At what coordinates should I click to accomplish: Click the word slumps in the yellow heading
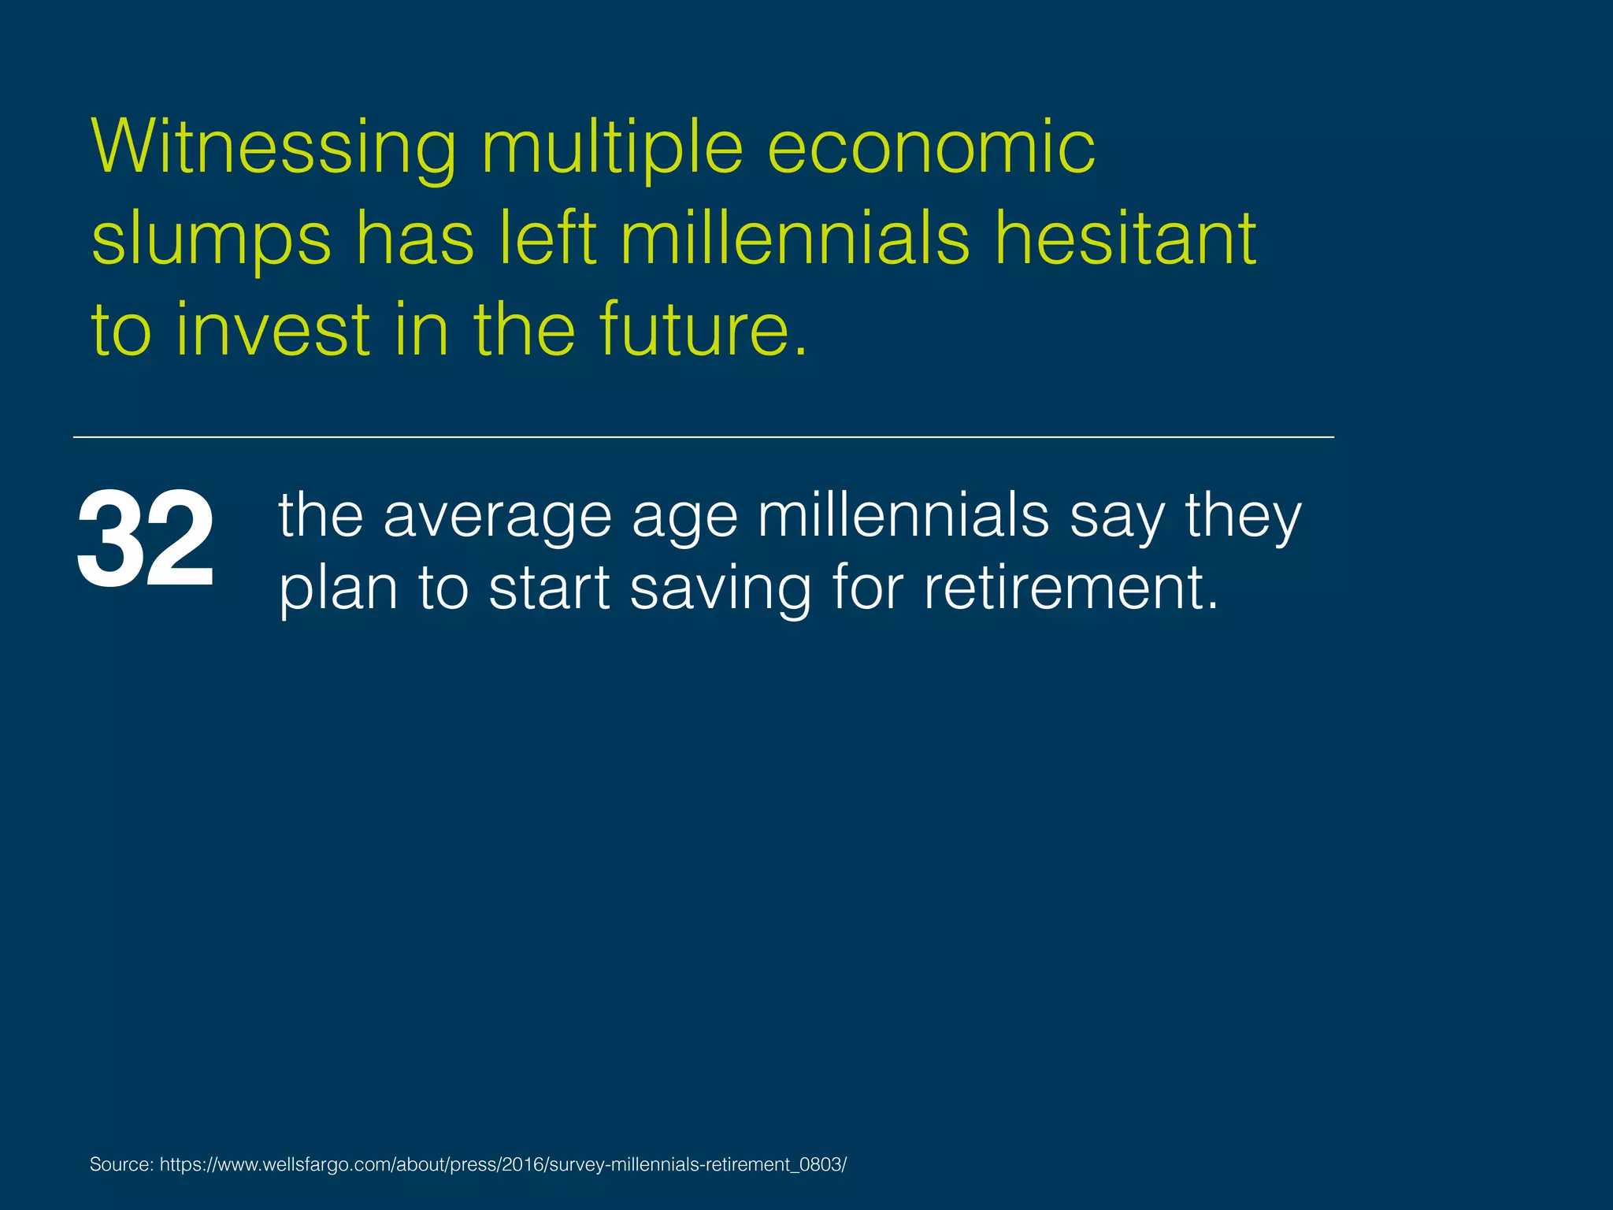(211, 239)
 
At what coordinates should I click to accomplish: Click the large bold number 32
(145, 539)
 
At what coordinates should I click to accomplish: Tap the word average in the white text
(497, 516)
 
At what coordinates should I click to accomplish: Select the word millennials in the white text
(903, 516)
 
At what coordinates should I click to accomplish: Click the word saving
(720, 589)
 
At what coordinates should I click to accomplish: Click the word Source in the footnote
(121, 1164)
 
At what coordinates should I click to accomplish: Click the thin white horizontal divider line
(703, 436)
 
